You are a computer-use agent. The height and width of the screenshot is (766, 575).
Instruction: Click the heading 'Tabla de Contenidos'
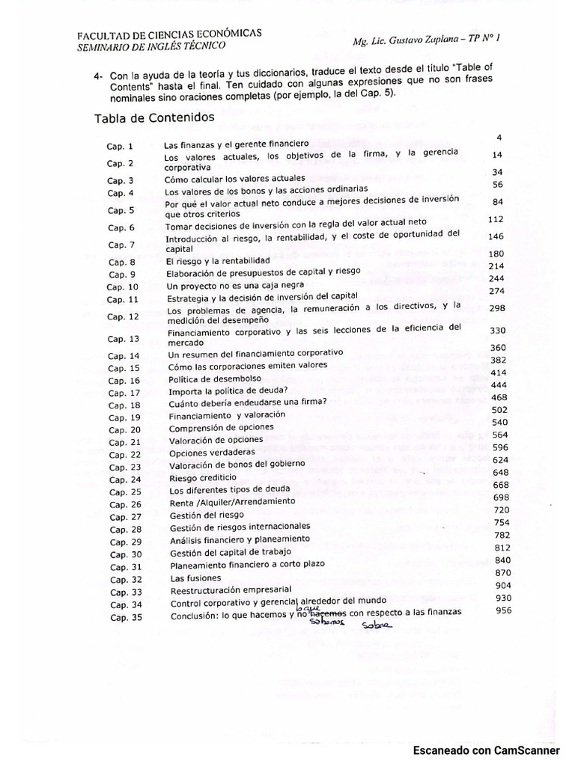[154, 118]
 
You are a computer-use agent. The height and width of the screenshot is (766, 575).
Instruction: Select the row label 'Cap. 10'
[122, 287]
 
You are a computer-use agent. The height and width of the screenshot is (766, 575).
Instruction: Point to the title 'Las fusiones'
[195, 578]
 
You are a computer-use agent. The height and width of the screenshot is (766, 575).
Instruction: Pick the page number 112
[496, 220]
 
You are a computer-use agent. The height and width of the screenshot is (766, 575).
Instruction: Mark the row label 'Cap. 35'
[126, 617]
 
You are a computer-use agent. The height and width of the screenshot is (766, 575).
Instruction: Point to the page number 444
[499, 384]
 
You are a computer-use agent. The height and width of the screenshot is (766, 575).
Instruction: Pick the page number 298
[497, 308]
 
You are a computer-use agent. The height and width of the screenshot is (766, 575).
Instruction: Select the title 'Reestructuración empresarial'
[229, 591]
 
